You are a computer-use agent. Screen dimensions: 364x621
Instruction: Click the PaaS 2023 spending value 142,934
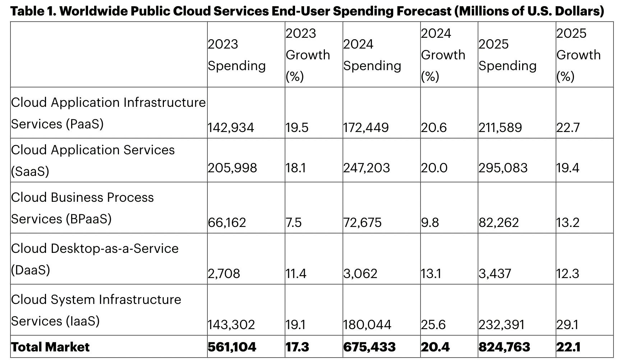pyautogui.click(x=231, y=128)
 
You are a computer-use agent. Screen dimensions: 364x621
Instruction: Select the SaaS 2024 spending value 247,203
pyautogui.click(x=366, y=168)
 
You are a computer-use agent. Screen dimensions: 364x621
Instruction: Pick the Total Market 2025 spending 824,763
pyautogui.click(x=504, y=347)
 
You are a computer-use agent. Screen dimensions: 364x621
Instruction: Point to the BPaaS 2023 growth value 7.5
pyautogui.click(x=294, y=223)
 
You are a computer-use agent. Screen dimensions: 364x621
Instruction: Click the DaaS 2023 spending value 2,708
pyautogui.click(x=224, y=274)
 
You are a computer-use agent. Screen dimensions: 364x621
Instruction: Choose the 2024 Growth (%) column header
pyautogui.click(x=443, y=55)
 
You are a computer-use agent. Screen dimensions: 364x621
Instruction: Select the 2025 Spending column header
pyautogui.click(x=507, y=55)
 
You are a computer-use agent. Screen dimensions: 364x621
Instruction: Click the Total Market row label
pyautogui.click(x=50, y=347)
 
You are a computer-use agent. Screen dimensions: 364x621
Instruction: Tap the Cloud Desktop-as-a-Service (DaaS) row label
pyautogui.click(x=95, y=259)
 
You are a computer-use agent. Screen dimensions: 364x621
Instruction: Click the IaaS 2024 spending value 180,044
pyautogui.click(x=367, y=325)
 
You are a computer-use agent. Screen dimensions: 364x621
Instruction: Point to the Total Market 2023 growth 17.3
pyautogui.click(x=297, y=347)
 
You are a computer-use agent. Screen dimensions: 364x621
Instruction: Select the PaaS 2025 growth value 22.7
pyautogui.click(x=568, y=128)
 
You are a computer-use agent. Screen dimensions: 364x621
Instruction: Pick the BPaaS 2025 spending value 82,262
pyautogui.click(x=498, y=223)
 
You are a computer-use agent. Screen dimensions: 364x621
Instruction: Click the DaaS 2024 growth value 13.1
pyautogui.click(x=431, y=274)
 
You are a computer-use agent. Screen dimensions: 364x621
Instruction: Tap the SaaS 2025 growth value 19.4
pyautogui.click(x=567, y=168)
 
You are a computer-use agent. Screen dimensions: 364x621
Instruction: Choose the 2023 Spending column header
pyautogui.click(x=236, y=55)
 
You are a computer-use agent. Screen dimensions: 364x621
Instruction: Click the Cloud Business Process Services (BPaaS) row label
pyautogui.click(x=82, y=208)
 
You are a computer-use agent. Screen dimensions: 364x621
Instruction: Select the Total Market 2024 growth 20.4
pyautogui.click(x=435, y=347)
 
